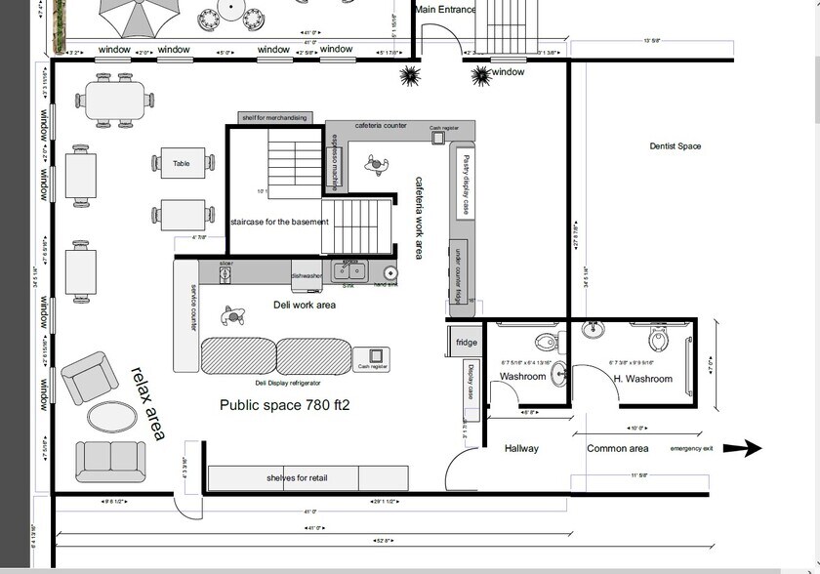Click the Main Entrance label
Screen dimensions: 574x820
coord(445,10)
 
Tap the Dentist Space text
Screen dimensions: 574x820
coord(676,146)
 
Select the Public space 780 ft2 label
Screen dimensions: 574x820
coord(284,405)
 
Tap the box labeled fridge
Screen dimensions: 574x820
coord(466,343)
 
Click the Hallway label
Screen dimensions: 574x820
coord(521,449)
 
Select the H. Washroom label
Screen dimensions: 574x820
coord(642,379)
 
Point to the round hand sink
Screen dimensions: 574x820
coord(390,274)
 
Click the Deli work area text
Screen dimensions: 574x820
coord(304,306)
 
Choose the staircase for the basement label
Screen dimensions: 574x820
coord(279,223)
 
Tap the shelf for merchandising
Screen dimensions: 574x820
coord(274,118)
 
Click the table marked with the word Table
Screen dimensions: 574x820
coord(182,164)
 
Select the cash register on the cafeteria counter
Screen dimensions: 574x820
coord(438,136)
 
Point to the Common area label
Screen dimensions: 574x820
coord(618,449)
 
